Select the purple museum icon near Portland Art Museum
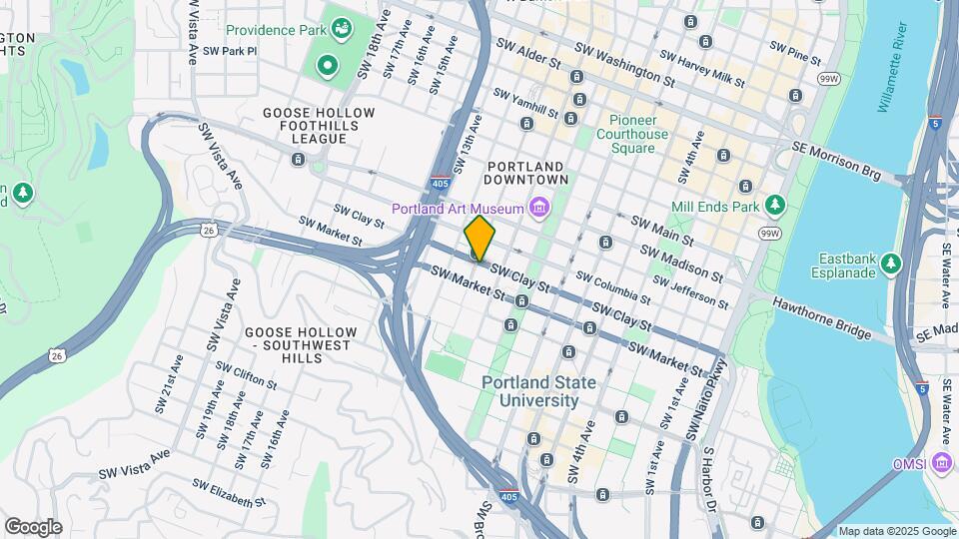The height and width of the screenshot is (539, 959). pyautogui.click(x=539, y=208)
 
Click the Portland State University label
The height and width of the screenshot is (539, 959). pyautogui.click(x=538, y=391)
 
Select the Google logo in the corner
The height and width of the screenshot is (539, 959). pyautogui.click(x=33, y=527)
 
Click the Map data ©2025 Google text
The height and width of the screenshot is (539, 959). pyautogui.click(x=897, y=532)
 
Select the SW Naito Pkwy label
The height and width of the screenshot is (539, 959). pyautogui.click(x=708, y=398)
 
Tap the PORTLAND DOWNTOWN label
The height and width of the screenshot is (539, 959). pyautogui.click(x=525, y=173)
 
